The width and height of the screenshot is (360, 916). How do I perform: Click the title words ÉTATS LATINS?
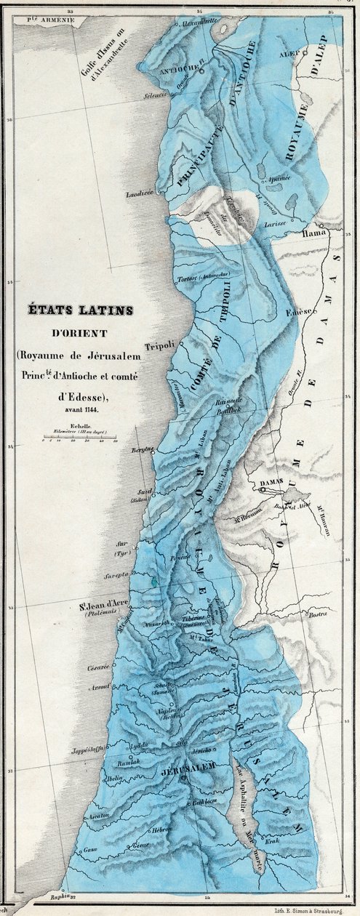pyautogui.click(x=79, y=310)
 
